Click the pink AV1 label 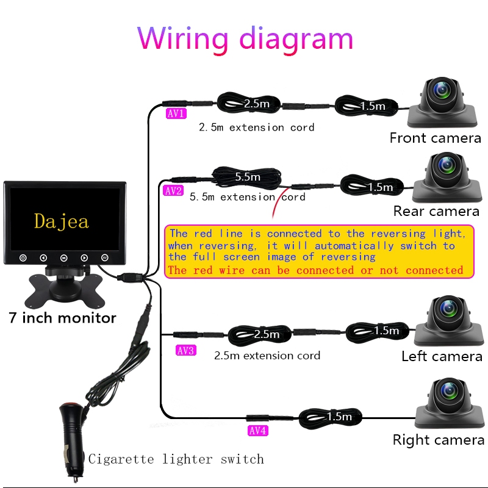pyautogui.click(x=176, y=113)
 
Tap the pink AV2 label pyautogui.click(x=173, y=190)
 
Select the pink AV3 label pyautogui.click(x=186, y=350)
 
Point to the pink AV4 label pyautogui.click(x=257, y=431)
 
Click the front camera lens pyautogui.click(x=442, y=90)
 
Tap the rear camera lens pyautogui.click(x=447, y=164)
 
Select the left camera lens pyautogui.click(x=448, y=308)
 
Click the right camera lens pyautogui.click(x=449, y=390)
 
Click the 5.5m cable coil pyautogui.click(x=246, y=177)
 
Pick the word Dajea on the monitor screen pyautogui.click(x=62, y=221)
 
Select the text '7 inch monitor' pyautogui.click(x=62, y=318)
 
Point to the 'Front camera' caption pyautogui.click(x=435, y=138)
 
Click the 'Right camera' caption pyautogui.click(x=439, y=440)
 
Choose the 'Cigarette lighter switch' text pyautogui.click(x=176, y=459)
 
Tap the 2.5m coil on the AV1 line pyautogui.click(x=248, y=103)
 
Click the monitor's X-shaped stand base pyautogui.click(x=65, y=289)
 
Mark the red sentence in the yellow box pyautogui.click(x=315, y=270)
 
